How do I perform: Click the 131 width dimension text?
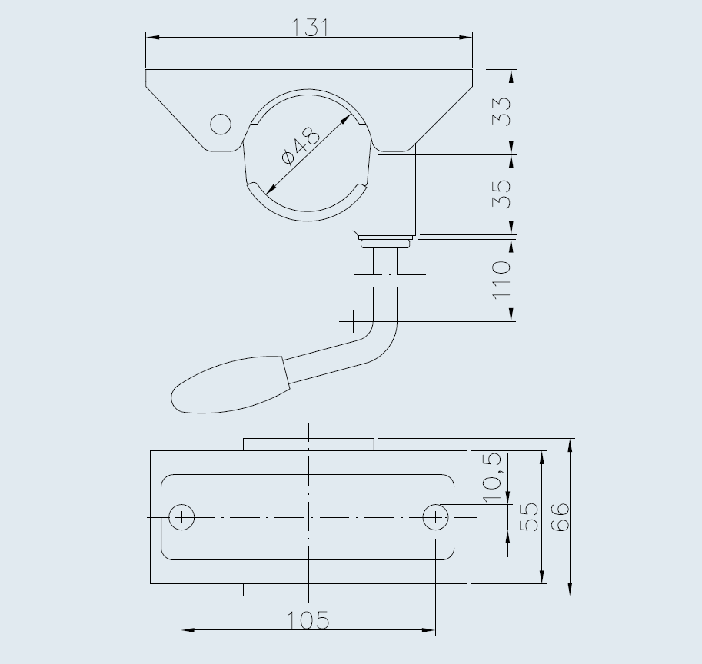[310, 28]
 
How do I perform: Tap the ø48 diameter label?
[301, 146]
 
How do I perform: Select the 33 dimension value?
[501, 111]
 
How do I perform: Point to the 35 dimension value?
[501, 194]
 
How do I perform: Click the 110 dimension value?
[501, 280]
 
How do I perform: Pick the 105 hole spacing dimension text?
[308, 621]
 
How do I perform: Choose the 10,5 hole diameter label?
[491, 477]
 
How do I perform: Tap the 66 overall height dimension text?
[559, 516]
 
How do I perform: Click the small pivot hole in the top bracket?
[221, 124]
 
